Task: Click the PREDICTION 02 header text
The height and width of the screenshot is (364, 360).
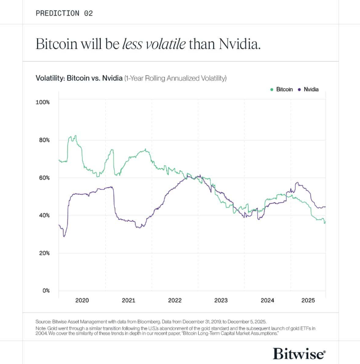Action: (x=64, y=13)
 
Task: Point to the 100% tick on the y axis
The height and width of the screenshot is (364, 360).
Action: (x=43, y=102)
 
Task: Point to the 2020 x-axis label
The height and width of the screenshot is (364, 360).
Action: (x=82, y=301)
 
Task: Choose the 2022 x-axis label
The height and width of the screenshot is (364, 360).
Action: (x=175, y=301)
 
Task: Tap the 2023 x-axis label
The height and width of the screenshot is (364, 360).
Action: (x=221, y=301)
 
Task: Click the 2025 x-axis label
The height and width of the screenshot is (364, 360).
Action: (x=308, y=301)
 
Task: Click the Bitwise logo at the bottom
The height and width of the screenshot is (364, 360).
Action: (x=299, y=354)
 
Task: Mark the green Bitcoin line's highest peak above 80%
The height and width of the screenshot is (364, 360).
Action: (x=75, y=136)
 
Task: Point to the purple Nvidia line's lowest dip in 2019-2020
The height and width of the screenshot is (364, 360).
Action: (x=64, y=236)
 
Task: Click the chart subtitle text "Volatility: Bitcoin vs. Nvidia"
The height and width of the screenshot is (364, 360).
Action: (x=79, y=78)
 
